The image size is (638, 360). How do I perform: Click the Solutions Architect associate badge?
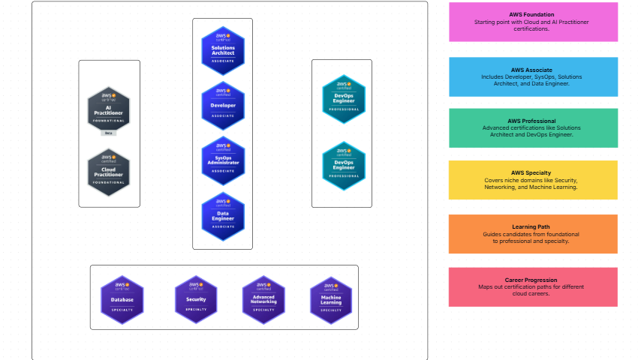(x=223, y=47)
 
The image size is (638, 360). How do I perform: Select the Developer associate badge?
(x=223, y=104)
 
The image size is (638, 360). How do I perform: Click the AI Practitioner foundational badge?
(x=109, y=109)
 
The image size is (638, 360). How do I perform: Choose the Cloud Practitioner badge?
(x=109, y=172)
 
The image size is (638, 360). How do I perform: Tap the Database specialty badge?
(x=122, y=299)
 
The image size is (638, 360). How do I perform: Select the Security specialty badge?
(x=196, y=299)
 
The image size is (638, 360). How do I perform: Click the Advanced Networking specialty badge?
(x=263, y=299)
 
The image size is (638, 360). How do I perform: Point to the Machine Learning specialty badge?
(x=331, y=299)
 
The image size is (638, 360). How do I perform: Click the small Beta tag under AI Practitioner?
(x=109, y=133)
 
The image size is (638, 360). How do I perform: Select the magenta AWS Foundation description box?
(x=533, y=22)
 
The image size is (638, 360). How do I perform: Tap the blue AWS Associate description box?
(x=533, y=76)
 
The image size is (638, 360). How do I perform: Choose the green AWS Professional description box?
(x=533, y=127)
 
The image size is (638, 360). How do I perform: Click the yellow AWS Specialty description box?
(x=533, y=180)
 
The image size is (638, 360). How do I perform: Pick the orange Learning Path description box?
(x=533, y=234)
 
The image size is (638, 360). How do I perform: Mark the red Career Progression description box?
(x=533, y=286)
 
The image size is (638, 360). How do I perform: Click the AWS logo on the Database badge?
(x=122, y=285)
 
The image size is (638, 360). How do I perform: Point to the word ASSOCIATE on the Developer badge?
(x=223, y=116)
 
